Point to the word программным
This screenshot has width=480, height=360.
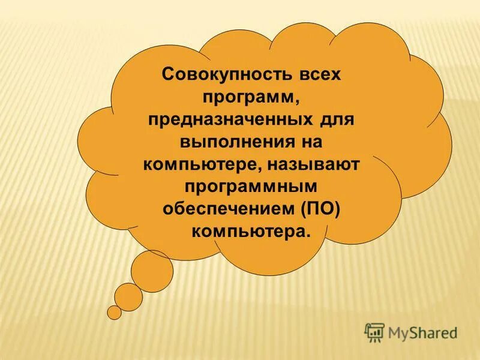click(251, 186)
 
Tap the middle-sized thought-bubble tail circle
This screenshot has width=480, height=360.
click(128, 296)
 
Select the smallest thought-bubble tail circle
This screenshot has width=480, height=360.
click(114, 313)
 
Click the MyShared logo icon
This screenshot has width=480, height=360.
click(374, 332)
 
